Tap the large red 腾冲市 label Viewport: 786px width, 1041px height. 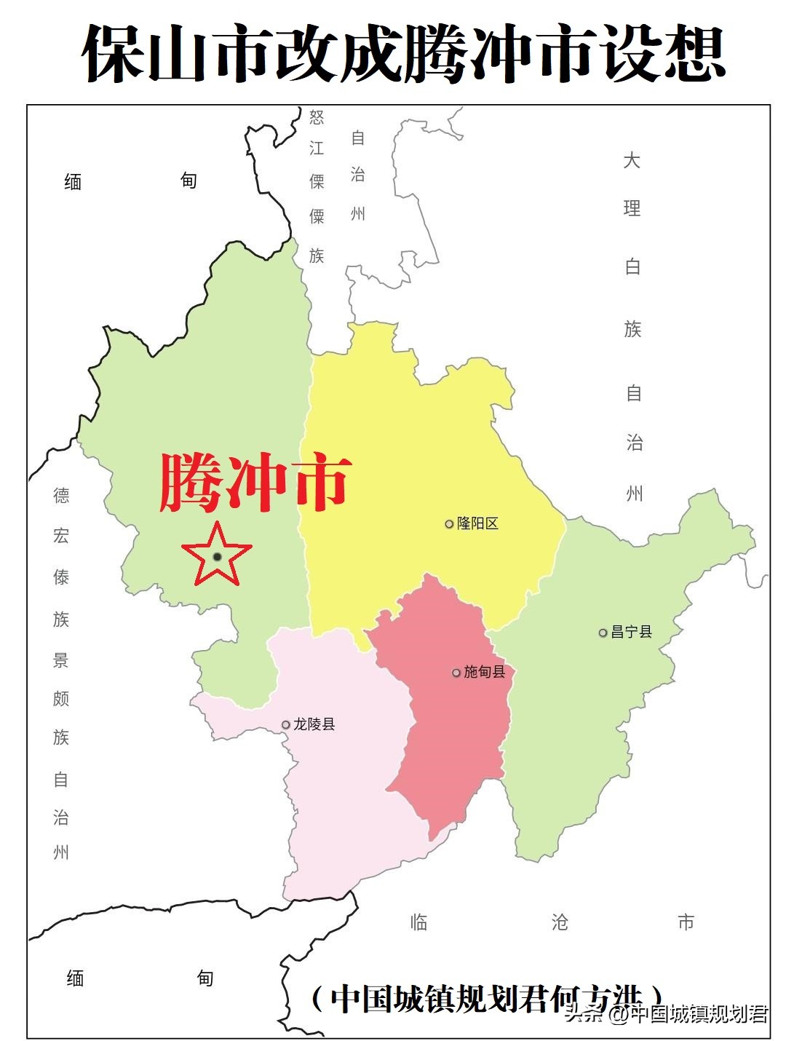(x=255, y=481)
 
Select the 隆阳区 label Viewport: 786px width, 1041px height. (x=477, y=523)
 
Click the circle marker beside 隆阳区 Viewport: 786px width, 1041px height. (x=449, y=524)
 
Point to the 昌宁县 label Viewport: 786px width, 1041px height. (x=631, y=632)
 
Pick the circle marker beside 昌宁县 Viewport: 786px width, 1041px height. (x=603, y=633)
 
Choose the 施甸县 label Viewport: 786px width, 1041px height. (x=484, y=672)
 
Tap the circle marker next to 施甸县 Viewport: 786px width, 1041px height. (x=456, y=673)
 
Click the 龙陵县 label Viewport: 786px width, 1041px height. (x=314, y=724)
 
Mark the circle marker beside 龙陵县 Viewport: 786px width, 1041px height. (x=286, y=725)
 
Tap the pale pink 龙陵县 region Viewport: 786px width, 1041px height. (x=342, y=801)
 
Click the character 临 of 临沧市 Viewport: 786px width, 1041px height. (x=418, y=922)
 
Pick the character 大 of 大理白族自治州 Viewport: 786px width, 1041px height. (x=632, y=160)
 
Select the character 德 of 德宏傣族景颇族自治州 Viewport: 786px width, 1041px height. (x=61, y=496)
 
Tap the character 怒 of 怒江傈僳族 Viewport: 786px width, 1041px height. (x=317, y=117)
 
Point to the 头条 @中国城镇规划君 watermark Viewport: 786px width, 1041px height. (x=666, y=1014)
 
